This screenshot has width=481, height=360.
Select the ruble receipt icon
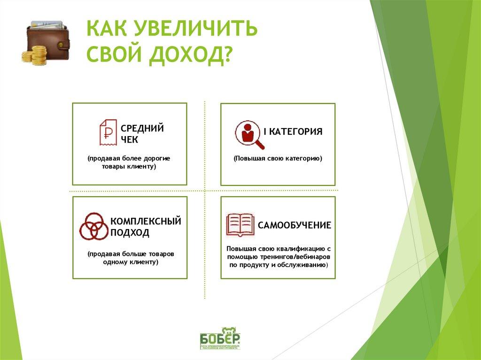108,132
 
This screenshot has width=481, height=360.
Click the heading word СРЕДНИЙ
142,128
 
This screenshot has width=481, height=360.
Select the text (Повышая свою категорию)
278,159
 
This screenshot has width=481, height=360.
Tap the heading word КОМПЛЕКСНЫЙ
146,221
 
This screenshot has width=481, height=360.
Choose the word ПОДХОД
130,233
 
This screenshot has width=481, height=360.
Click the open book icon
240,225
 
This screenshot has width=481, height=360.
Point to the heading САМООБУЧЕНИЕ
295,225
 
